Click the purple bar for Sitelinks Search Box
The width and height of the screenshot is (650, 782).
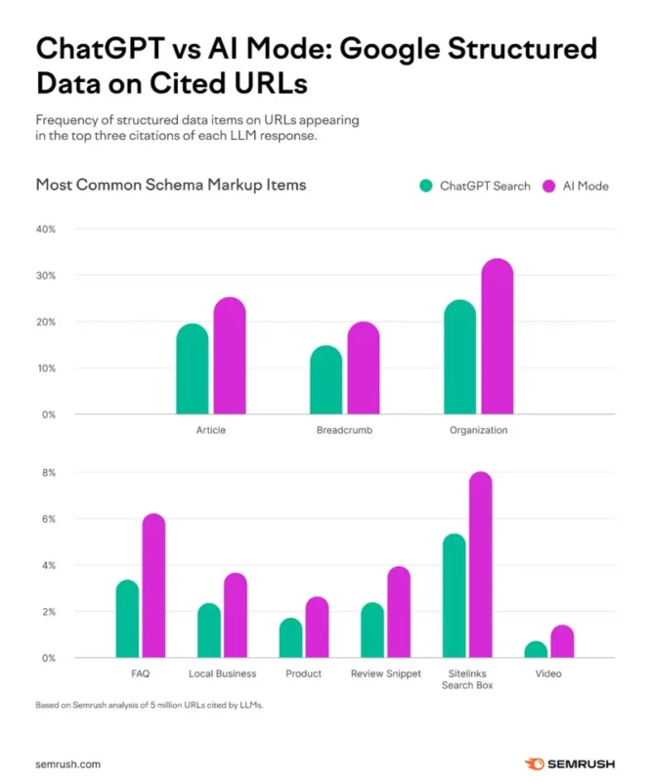pyautogui.click(x=480, y=566)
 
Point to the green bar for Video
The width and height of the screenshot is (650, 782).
pyautogui.click(x=536, y=650)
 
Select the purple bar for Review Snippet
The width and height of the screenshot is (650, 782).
pyautogui.click(x=398, y=613)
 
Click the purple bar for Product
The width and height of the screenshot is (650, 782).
pyautogui.click(x=317, y=628)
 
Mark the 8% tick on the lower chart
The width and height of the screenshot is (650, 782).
pyautogui.click(x=48, y=473)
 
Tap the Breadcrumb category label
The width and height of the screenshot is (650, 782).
pyautogui.click(x=344, y=430)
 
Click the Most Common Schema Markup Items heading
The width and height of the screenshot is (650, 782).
pyautogui.click(x=171, y=184)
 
